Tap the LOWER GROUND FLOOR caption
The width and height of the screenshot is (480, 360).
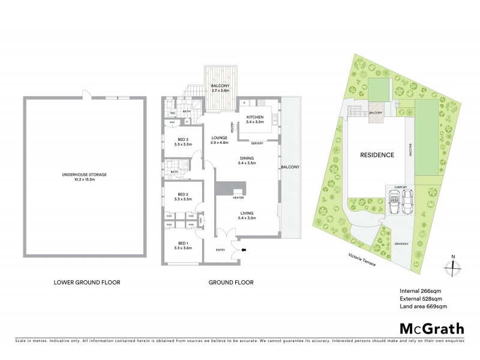(85, 281)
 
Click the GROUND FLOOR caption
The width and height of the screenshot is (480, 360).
(231, 281)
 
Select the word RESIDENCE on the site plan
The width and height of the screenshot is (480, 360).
(377, 155)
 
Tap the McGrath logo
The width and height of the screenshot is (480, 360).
(432, 329)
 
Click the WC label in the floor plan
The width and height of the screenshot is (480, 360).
(172, 112)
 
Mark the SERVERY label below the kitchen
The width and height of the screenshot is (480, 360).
(258, 143)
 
